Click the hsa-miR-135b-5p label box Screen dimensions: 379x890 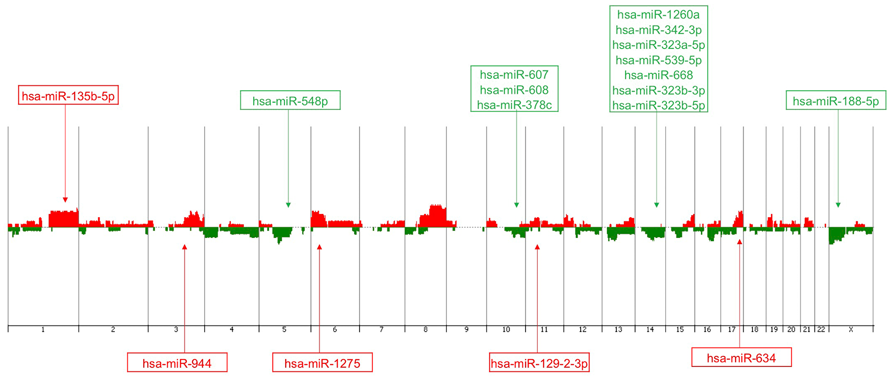click(68, 95)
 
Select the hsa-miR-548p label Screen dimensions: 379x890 click(290, 101)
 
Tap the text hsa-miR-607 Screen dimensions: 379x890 click(514, 75)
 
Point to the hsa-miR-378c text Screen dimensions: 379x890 click(514, 105)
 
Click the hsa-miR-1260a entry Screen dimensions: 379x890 click(658, 15)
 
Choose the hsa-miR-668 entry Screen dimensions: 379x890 click(658, 75)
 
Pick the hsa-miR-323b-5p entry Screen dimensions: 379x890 click(658, 105)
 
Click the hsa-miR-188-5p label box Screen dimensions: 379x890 click(836, 101)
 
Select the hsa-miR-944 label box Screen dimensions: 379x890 click(177, 363)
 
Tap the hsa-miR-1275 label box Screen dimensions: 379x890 click(322, 363)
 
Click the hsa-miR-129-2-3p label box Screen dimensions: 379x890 click(539, 363)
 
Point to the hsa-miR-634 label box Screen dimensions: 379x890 click(741, 358)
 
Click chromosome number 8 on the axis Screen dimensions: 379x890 click(425, 330)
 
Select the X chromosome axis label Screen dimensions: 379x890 click(851, 330)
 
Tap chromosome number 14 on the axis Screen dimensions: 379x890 click(650, 330)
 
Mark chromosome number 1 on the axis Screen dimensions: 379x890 click(43, 330)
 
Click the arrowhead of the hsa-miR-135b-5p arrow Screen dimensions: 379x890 click(65, 200)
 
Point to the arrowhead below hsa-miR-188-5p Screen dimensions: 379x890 click(838, 205)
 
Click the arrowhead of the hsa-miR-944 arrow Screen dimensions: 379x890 click(184, 247)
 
